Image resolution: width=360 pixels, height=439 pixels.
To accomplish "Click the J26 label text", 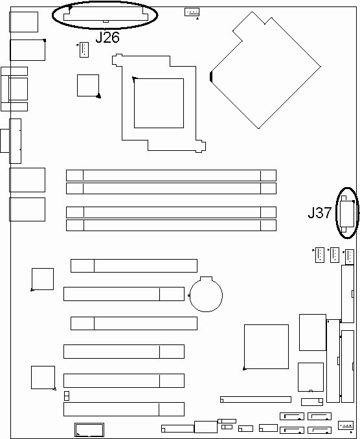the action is (x=107, y=37).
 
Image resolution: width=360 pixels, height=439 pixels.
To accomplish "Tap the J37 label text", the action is (x=320, y=212).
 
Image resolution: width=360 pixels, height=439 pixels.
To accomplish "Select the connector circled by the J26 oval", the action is (x=105, y=14).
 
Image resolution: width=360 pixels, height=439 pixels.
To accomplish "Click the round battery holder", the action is (x=206, y=294).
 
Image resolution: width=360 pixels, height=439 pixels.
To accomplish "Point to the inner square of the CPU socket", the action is (x=159, y=104).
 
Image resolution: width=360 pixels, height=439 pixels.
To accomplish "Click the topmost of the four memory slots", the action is (x=172, y=175).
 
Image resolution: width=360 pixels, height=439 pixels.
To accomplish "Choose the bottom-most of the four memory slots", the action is (x=172, y=225).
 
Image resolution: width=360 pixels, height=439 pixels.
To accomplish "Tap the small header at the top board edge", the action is (x=192, y=12).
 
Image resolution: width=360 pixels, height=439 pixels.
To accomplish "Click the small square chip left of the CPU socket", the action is (x=88, y=85).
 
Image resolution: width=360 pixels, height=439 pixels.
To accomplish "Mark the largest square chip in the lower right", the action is (x=266, y=346).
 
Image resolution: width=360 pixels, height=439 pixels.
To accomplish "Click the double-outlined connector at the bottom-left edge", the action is (x=89, y=430).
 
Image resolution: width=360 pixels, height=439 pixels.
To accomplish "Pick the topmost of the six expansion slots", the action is (x=134, y=265).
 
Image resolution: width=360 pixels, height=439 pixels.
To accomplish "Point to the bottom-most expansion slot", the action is (x=124, y=409).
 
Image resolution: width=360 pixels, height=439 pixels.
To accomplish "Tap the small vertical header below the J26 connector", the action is (x=84, y=50).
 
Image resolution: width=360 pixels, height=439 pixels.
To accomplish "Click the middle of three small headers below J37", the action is (x=335, y=255).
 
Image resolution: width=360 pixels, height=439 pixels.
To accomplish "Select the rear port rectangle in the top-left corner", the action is (x=23, y=22).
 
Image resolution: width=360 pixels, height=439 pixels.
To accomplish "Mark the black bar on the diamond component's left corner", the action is (x=211, y=77).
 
